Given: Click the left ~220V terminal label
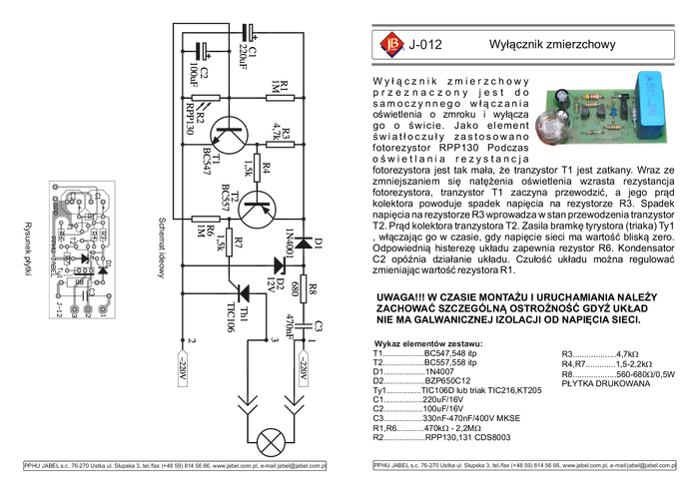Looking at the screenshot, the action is [182, 368].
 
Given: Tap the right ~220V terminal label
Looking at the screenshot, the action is [302, 368].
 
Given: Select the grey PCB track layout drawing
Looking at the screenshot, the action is [82, 249].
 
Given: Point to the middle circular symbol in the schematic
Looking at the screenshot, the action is [257, 207].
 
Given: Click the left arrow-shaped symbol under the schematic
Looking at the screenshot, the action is [245, 403].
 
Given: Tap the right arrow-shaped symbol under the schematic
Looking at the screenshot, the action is [293, 403].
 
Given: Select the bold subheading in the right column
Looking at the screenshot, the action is [427, 345].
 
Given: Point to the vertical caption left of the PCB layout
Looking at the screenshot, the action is [27, 248].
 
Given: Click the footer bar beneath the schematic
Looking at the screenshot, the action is [175, 466].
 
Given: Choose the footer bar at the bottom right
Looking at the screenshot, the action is [523, 465].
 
